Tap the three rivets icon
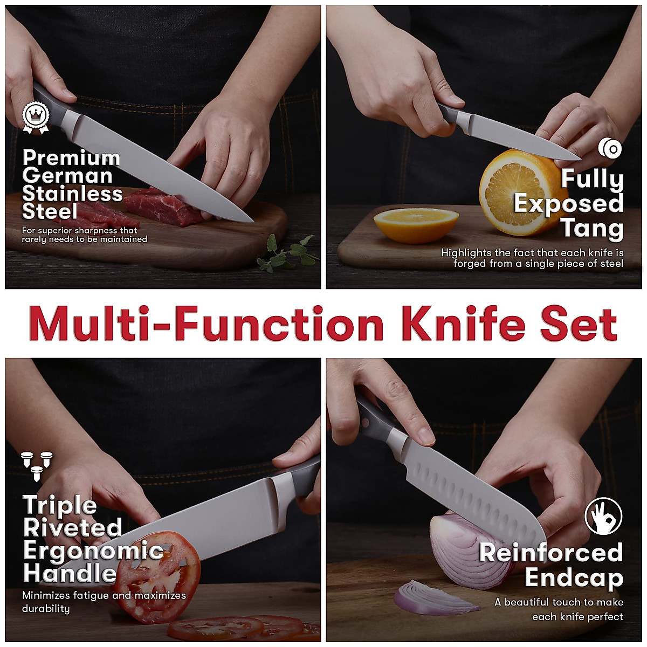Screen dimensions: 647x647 pyautogui.click(x=37, y=465)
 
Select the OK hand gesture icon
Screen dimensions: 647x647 pyautogui.click(x=603, y=516)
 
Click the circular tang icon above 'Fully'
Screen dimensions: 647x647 pyautogui.click(x=610, y=148)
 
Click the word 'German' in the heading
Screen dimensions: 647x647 pyautogui.click(x=67, y=176)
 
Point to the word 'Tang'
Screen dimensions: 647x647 pyautogui.click(x=592, y=229)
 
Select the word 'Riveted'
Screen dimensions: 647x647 pyautogui.click(x=73, y=528)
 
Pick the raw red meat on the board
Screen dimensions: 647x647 pyautogui.click(x=162, y=208)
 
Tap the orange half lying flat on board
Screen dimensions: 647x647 pyautogui.click(x=416, y=224)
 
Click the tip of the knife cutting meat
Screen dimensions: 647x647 pyautogui.click(x=250, y=220)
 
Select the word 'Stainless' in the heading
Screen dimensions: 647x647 pyautogui.click(x=73, y=194)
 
